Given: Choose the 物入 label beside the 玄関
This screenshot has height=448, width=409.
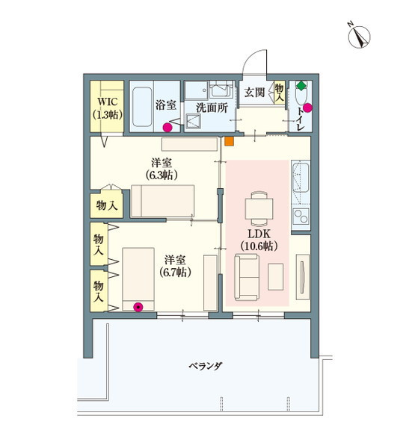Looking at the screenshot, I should pyautogui.click(x=279, y=93).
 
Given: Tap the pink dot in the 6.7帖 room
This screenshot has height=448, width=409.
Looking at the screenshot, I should pyautogui.click(x=137, y=305).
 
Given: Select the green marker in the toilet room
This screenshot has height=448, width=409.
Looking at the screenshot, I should pyautogui.click(x=300, y=86).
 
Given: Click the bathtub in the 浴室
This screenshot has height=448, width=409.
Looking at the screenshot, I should pyautogui.click(x=142, y=108).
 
